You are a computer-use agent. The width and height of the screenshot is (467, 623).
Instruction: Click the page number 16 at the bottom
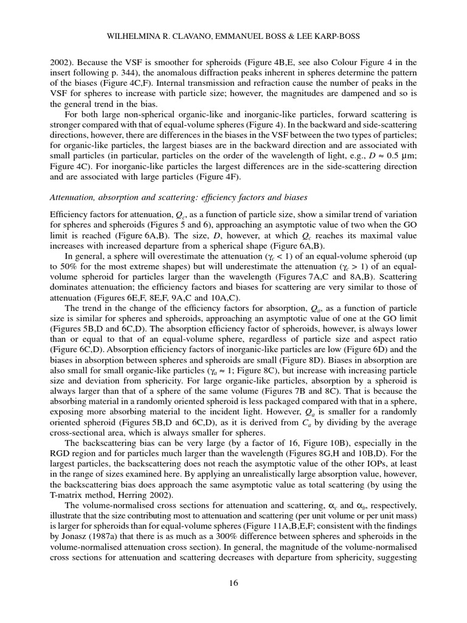pos(233,583)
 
